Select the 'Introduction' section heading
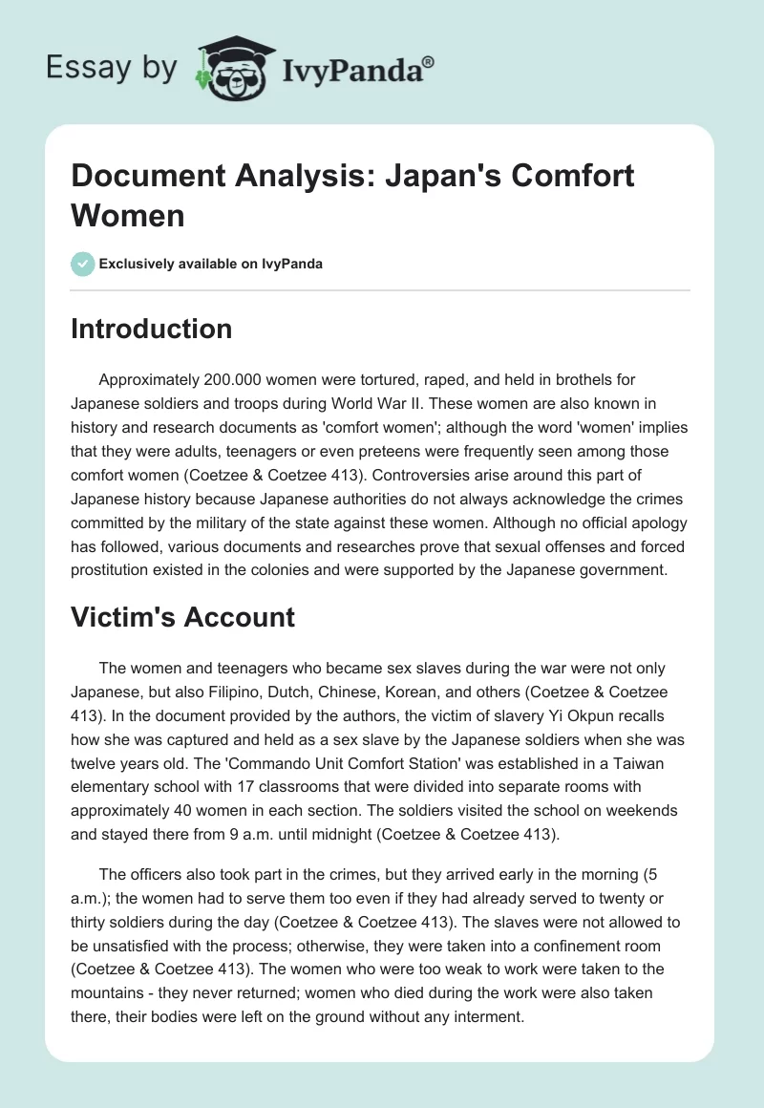(152, 330)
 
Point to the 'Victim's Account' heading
(183, 617)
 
